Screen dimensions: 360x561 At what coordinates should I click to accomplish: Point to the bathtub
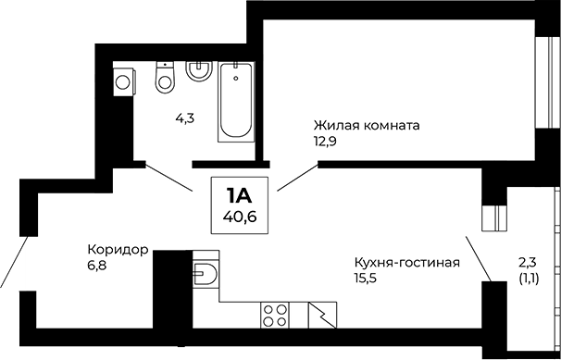(235, 102)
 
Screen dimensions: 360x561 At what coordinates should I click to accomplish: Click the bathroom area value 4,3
(185, 118)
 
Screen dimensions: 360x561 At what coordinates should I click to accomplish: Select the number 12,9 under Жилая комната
(326, 141)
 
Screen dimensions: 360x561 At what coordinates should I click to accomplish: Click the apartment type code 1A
(238, 195)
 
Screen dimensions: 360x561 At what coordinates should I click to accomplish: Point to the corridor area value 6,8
(97, 265)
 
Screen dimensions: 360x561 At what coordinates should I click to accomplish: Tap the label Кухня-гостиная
(407, 262)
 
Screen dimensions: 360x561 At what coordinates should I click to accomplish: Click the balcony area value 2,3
(528, 261)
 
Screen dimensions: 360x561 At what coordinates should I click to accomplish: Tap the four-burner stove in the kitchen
(276, 315)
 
